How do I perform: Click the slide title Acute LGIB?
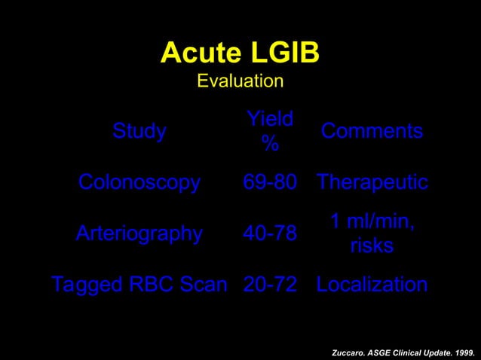click(240, 53)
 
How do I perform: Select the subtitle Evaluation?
click(240, 81)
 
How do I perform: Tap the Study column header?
click(139, 132)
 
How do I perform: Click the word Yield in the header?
click(269, 118)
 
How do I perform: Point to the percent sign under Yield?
click(269, 145)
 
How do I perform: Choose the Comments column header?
click(372, 132)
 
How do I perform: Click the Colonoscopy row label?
click(139, 183)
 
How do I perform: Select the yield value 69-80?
click(269, 183)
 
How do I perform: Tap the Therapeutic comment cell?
click(372, 183)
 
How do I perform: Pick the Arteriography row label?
click(139, 234)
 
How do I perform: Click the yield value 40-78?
click(269, 234)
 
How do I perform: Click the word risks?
click(372, 246)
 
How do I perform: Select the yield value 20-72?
click(269, 285)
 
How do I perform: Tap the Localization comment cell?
click(372, 285)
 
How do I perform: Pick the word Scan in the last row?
click(201, 285)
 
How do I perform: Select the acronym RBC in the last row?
click(146, 285)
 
